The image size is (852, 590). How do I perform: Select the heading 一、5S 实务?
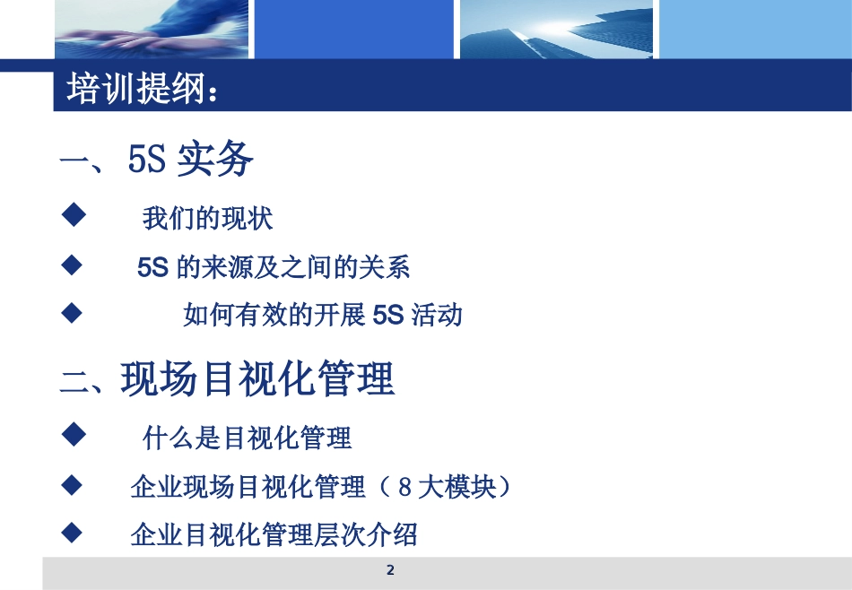pyautogui.click(x=157, y=161)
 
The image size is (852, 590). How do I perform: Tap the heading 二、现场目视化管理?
pyautogui.click(x=228, y=379)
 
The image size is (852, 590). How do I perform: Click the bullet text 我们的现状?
pyautogui.click(x=207, y=218)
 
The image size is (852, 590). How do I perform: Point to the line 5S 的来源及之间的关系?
pyautogui.click(x=274, y=267)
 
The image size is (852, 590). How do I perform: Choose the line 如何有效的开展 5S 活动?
pyautogui.click(x=323, y=315)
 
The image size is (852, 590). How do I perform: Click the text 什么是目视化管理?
pyautogui.click(x=248, y=438)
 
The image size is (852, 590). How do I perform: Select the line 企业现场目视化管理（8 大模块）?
pyautogui.click(x=320, y=487)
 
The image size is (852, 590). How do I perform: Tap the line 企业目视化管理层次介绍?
pyautogui.click(x=274, y=535)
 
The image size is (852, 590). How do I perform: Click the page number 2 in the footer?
pyautogui.click(x=389, y=570)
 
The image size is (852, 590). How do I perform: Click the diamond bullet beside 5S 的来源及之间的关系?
pyautogui.click(x=72, y=265)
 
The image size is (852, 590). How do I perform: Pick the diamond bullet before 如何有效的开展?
pyautogui.click(x=72, y=313)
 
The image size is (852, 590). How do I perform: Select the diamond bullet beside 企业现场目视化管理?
pyautogui.click(x=72, y=485)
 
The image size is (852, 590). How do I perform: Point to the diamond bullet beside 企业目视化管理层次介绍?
pyautogui.click(x=72, y=534)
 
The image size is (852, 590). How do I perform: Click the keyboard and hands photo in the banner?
pyautogui.click(x=150, y=30)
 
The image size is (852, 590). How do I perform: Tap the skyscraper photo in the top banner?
pyautogui.click(x=556, y=30)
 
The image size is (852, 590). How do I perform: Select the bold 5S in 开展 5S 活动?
pyautogui.click(x=388, y=316)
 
